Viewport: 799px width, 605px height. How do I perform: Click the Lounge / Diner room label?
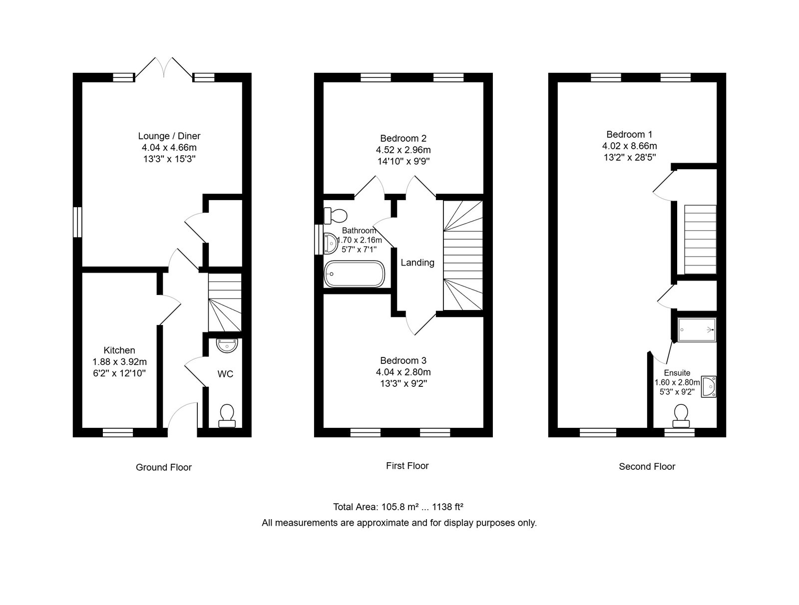point(169,136)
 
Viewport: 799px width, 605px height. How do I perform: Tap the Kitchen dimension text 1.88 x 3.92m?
point(119,362)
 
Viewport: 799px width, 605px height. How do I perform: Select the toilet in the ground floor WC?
point(227,415)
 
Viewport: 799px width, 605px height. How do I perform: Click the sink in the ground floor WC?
point(227,345)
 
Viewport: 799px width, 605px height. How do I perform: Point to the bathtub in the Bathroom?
point(354,274)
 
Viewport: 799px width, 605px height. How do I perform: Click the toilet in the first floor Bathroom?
point(335,215)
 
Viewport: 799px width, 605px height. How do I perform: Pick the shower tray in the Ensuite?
point(697,329)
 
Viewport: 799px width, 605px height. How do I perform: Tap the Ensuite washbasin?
point(709,386)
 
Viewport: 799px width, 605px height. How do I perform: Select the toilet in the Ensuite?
point(681,415)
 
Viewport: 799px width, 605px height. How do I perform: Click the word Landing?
point(417,263)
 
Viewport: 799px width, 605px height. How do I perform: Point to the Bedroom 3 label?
point(403,360)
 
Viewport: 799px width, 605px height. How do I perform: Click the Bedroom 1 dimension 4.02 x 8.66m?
point(629,146)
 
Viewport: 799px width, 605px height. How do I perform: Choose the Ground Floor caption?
point(163,468)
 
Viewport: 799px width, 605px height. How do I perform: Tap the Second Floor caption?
point(647,467)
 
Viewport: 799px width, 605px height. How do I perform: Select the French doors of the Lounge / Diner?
point(164,68)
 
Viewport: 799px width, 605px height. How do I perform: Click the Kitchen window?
point(117,432)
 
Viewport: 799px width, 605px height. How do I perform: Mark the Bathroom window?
point(319,240)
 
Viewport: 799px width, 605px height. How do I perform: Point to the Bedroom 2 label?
point(403,138)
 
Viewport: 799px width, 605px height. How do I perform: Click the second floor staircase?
point(700,240)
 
